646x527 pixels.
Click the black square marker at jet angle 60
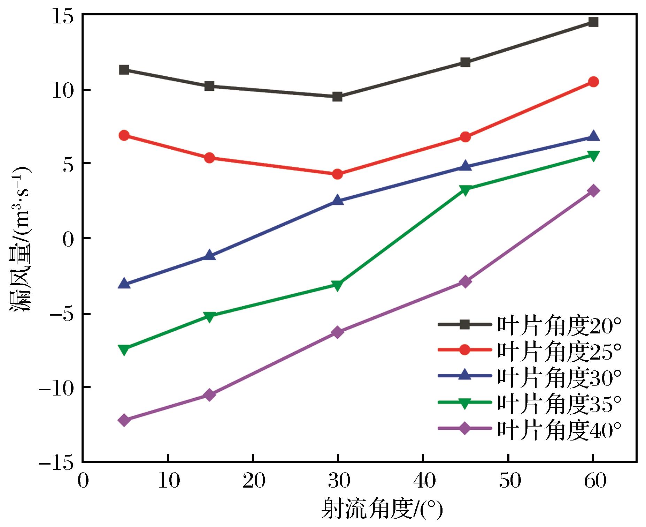tap(593, 22)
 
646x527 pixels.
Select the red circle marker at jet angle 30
tap(337, 174)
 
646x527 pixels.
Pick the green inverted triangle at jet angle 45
tap(465, 190)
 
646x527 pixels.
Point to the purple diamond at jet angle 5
tap(124, 420)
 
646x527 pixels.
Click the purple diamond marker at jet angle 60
tap(593, 191)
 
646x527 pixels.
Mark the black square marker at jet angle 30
tap(337, 97)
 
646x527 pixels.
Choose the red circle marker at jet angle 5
tap(124, 135)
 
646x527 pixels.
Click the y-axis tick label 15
tap(62, 16)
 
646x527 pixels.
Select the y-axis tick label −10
tap(56, 387)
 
